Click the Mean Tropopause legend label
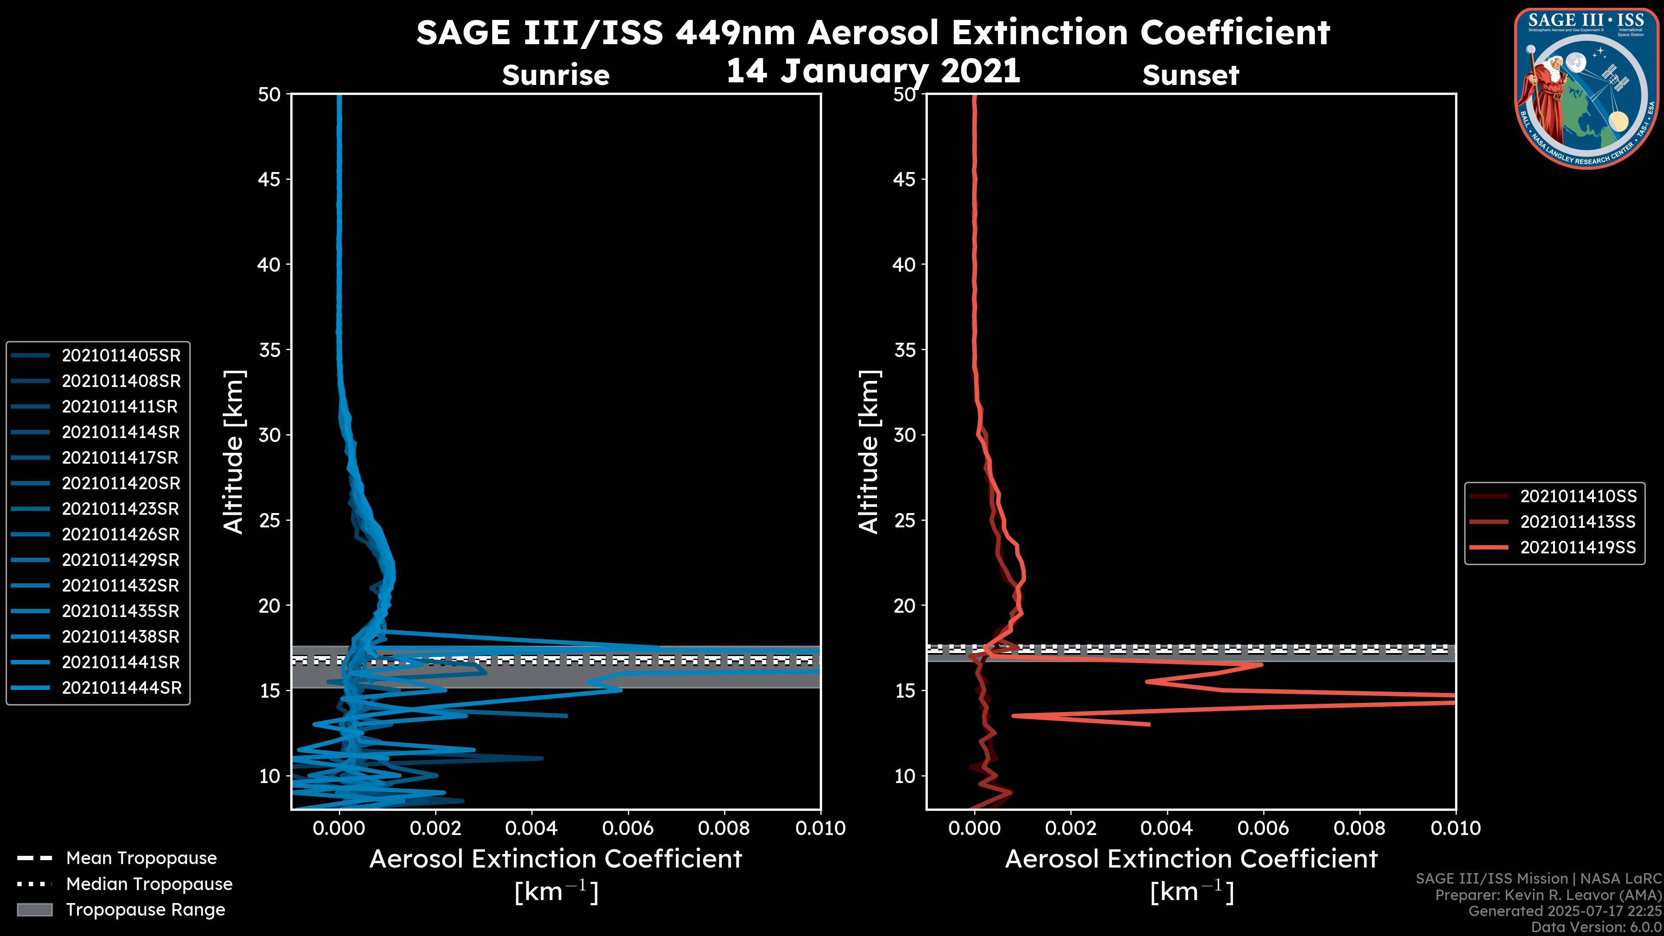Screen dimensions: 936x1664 point(141,858)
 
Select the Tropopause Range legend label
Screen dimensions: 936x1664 point(145,910)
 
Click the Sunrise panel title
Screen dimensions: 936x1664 point(556,75)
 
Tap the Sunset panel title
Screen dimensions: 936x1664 point(1190,75)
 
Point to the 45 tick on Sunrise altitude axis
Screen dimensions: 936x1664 point(270,179)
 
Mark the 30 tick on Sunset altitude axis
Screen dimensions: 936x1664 point(904,435)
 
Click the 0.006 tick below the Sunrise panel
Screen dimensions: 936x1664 point(628,828)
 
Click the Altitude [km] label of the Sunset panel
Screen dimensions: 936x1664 point(869,452)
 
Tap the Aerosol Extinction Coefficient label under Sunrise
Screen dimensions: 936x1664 point(556,859)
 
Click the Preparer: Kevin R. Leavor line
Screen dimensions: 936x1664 point(1548,895)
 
